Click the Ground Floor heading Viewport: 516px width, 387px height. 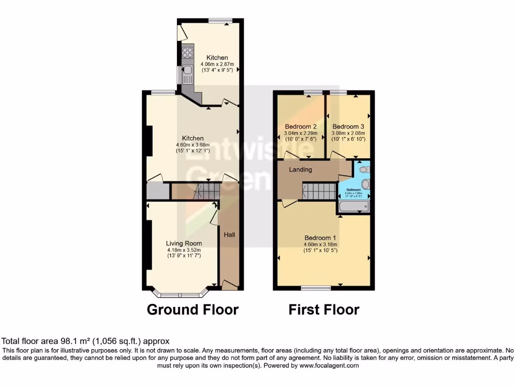(192, 309)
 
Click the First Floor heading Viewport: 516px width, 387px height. (324, 309)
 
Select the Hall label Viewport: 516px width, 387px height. (229, 234)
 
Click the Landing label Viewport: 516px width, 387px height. (300, 170)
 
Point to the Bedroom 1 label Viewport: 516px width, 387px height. (320, 238)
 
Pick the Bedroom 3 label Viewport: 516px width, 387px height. (348, 126)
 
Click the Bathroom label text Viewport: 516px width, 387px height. (353, 190)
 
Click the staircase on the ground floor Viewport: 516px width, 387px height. (207, 191)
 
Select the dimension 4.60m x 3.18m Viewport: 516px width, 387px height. (320, 244)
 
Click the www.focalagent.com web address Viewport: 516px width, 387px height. (330, 366)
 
